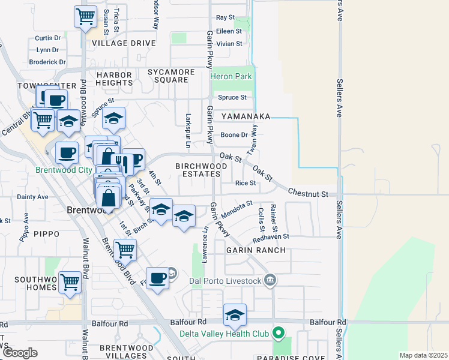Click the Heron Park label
[231, 77]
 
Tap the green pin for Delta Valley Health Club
[279, 332]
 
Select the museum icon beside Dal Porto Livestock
[270, 280]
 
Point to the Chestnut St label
[308, 194]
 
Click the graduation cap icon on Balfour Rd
[235, 314]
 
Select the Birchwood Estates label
[201, 170]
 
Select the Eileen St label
[229, 31]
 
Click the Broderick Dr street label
[47, 62]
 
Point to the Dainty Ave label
[32, 196]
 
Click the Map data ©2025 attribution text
[423, 355]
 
